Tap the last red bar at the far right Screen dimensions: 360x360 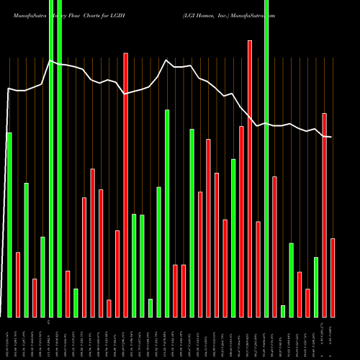pos(333,277)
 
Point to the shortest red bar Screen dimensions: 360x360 pos(109,308)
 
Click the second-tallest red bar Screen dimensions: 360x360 pos(125,184)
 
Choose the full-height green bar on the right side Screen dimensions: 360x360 pos(266,158)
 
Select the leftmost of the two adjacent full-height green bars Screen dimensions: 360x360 pos(51,158)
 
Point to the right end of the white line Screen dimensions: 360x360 pos(330,137)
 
